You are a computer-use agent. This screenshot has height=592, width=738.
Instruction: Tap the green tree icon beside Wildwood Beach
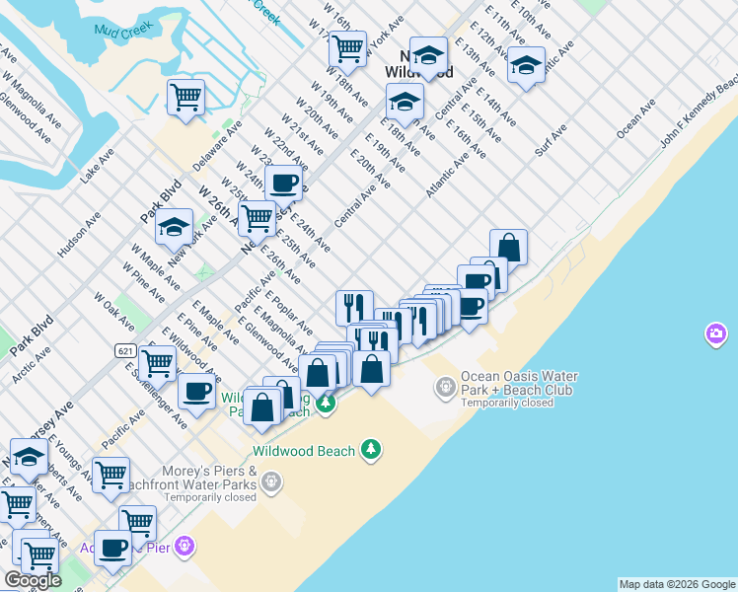coord(371,450)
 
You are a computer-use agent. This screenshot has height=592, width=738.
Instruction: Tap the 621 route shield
coord(124,350)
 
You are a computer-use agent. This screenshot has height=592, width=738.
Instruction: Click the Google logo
coord(34,581)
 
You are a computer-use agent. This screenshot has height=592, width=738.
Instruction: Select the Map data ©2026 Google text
coord(676,584)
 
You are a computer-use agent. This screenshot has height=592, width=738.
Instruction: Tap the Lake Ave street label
coord(98,166)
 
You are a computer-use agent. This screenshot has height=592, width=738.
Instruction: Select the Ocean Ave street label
coord(635,117)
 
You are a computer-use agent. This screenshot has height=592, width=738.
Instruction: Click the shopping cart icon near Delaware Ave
coord(185,98)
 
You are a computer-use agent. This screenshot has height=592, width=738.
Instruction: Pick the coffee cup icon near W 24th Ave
coord(284,183)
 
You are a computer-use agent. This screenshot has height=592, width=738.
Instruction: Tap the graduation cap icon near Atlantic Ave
coord(526,65)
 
